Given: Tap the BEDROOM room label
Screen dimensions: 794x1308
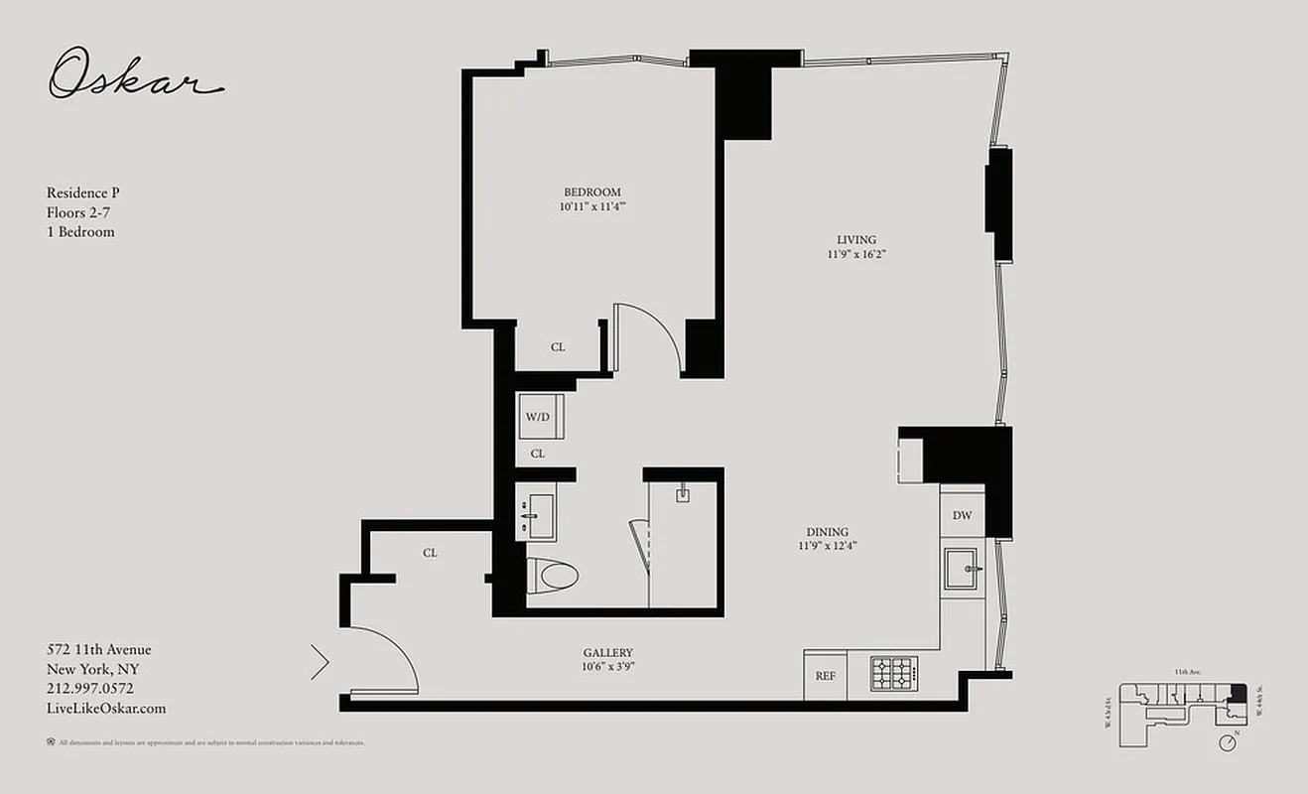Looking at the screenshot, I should (x=592, y=193).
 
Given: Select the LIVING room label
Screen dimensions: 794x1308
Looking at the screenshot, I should (x=855, y=239).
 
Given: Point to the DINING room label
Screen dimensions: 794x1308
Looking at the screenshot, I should (x=827, y=532).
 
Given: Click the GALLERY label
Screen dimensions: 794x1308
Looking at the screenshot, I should (x=608, y=652).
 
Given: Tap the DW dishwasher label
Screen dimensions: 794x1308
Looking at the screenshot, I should (x=962, y=516).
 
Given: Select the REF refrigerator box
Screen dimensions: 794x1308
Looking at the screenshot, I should (x=825, y=676).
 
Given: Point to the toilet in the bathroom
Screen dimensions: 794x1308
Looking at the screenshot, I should (x=552, y=575).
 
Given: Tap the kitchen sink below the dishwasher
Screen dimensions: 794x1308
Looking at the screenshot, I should (x=961, y=569).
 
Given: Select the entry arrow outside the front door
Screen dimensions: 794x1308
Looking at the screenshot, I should (x=320, y=662).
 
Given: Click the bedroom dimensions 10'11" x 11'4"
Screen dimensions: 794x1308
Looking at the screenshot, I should (x=592, y=207).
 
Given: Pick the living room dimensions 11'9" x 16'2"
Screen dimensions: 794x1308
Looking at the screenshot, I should (x=855, y=254).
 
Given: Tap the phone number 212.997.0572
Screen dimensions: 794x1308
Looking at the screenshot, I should (x=90, y=689).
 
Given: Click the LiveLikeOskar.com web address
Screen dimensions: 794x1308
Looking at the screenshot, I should (x=106, y=709).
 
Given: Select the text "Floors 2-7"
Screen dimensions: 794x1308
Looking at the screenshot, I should (x=80, y=212).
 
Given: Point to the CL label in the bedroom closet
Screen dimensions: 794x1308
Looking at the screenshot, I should (x=558, y=347).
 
